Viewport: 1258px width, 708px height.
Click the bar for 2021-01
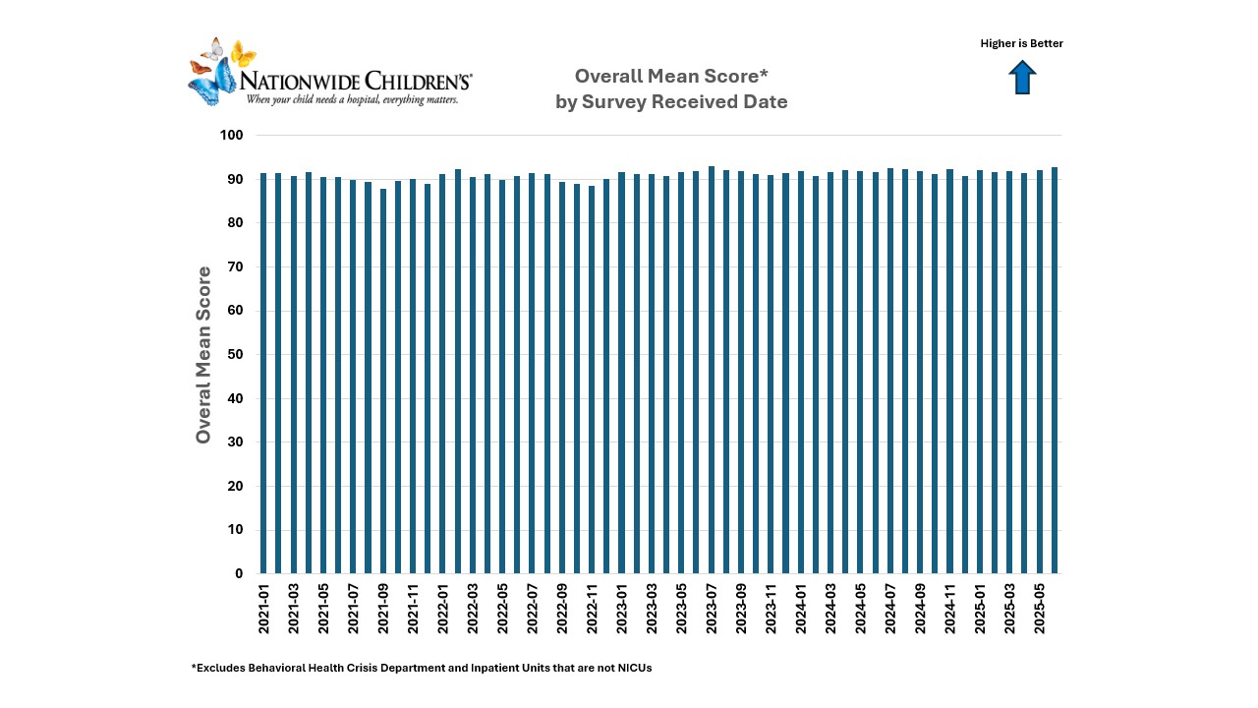[263, 374]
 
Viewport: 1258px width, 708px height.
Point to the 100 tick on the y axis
[231, 135]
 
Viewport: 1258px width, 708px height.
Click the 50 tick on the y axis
[235, 354]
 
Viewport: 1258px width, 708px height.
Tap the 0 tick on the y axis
[239, 573]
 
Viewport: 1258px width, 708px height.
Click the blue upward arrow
[1022, 78]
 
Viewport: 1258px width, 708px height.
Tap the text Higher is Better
[1021, 43]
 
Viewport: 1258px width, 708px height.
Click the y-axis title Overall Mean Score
[203, 354]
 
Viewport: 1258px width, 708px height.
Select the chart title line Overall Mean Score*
[670, 76]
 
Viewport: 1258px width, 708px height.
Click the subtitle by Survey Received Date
[670, 101]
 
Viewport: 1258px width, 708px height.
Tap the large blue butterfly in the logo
[210, 83]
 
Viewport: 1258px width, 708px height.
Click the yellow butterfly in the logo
[243, 54]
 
